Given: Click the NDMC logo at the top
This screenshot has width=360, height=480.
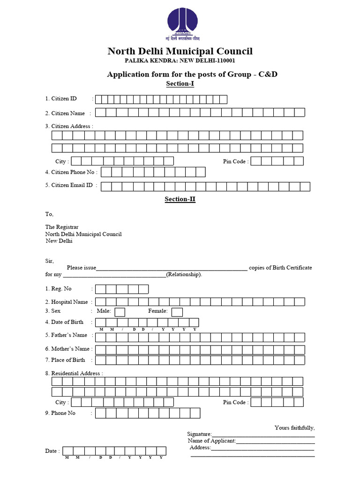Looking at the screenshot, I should click(x=180, y=23).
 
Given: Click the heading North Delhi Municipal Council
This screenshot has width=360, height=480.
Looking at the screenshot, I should click(x=180, y=51).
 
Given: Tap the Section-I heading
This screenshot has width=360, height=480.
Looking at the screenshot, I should click(x=180, y=84).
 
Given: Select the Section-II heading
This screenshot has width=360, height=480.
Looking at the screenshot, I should click(x=180, y=199).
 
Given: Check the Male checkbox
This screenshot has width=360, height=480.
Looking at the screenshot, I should click(x=120, y=312).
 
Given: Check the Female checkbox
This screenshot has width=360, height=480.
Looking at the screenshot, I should click(x=177, y=312).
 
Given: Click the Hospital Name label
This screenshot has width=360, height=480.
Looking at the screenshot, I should click(x=67, y=302).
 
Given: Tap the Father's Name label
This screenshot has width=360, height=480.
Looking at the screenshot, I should click(x=66, y=335).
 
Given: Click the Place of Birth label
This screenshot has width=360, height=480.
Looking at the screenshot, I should click(x=65, y=360).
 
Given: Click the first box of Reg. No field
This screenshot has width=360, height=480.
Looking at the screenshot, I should click(x=100, y=289).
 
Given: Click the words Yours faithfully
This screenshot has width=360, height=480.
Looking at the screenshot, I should click(x=294, y=427).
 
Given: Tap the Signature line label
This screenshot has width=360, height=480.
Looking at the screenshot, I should click(x=199, y=435).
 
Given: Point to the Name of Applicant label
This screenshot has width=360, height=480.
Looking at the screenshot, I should click(x=212, y=441).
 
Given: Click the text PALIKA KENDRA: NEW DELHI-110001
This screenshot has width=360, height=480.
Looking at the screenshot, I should click(x=180, y=61).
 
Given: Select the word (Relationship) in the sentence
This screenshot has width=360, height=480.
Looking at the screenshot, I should click(x=184, y=274).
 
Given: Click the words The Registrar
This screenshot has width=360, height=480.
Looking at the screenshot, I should click(x=62, y=227).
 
